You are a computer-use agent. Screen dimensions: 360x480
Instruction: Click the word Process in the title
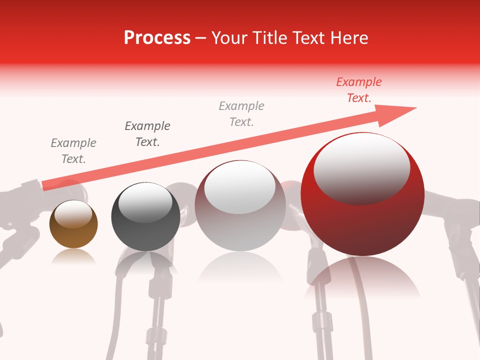(157, 38)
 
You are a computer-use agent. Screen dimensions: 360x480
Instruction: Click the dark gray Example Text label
(147, 133)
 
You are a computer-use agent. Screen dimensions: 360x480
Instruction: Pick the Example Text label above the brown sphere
(73, 150)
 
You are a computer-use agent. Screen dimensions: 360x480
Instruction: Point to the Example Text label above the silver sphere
(241, 113)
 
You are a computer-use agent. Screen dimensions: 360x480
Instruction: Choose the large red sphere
(362, 220)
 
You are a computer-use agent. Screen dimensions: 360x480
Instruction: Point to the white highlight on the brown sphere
(73, 213)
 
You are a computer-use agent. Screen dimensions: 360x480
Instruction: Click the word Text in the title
(306, 38)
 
